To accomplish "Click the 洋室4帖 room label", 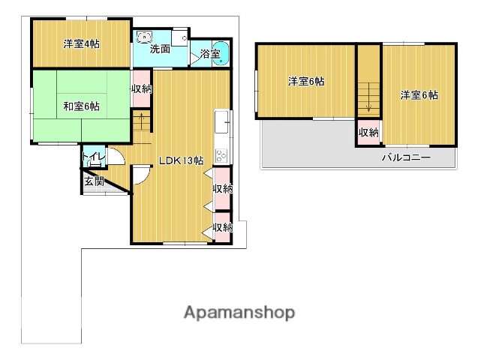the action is (81, 44).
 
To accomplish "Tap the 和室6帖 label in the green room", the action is (81, 106).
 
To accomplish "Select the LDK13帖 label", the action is (182, 160).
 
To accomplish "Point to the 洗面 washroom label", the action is (160, 49).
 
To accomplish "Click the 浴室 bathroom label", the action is (210, 54).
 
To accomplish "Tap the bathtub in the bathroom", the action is (221, 53).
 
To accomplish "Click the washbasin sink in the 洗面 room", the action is (144, 37).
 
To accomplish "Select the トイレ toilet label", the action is (94, 157).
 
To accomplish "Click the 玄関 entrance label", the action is (94, 181).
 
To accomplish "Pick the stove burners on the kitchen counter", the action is (221, 156).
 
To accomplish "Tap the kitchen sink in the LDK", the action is (221, 121).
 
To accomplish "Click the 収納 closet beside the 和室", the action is (141, 89).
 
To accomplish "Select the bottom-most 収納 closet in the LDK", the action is (223, 227).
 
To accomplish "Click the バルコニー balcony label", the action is (407, 157).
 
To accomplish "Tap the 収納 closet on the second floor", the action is (368, 133).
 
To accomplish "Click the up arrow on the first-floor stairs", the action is (142, 120).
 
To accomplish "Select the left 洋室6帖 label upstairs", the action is (306, 81).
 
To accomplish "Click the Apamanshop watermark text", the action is (239, 313).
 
